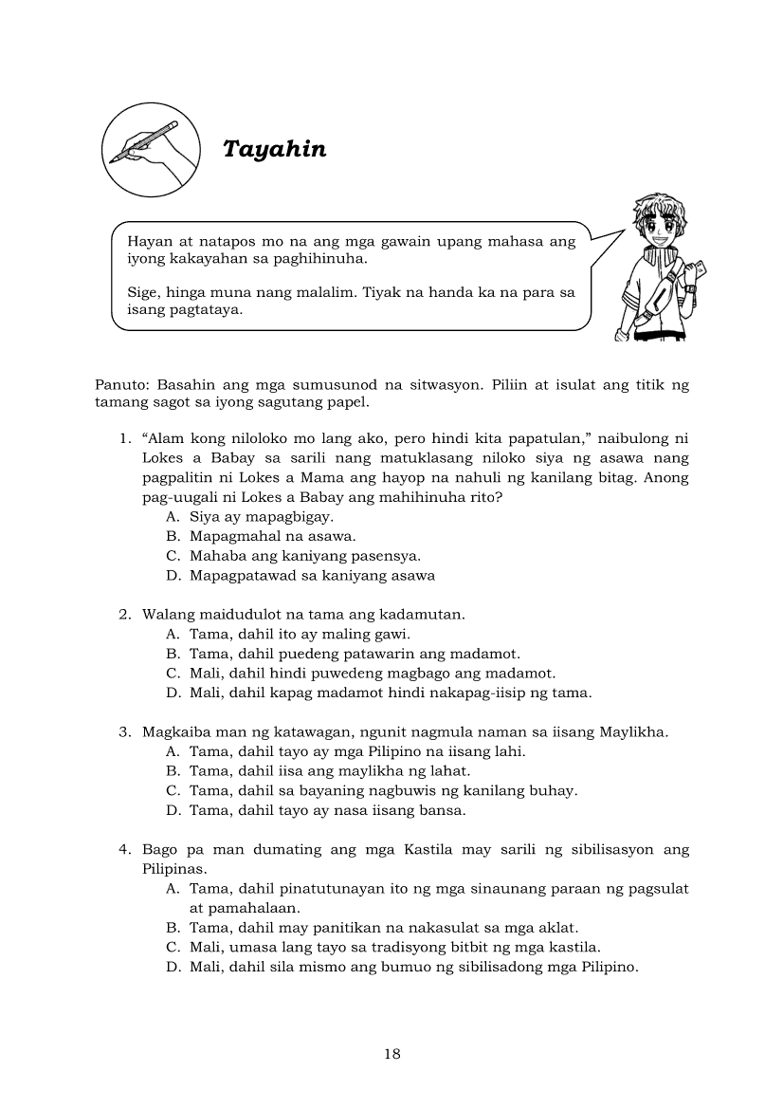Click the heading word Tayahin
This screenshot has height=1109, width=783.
(274, 149)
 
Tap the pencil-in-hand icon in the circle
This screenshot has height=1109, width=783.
(149, 150)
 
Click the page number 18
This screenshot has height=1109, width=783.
(392, 1054)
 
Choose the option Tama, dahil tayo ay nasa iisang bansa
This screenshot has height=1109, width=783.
(327, 810)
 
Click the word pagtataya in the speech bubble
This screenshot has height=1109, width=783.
(203, 309)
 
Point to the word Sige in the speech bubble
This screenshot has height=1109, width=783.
(142, 292)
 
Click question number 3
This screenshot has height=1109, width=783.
(124, 731)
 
